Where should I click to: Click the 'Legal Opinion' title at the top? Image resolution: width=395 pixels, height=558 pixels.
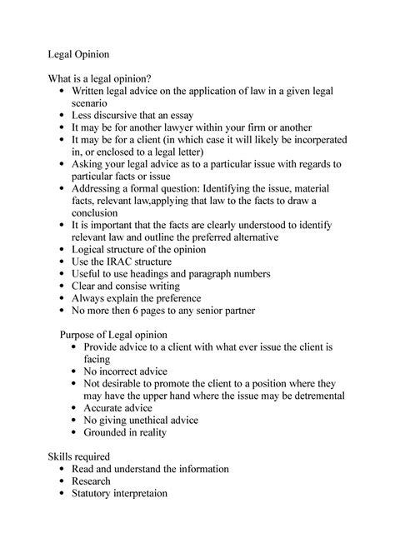(x=77, y=54)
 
